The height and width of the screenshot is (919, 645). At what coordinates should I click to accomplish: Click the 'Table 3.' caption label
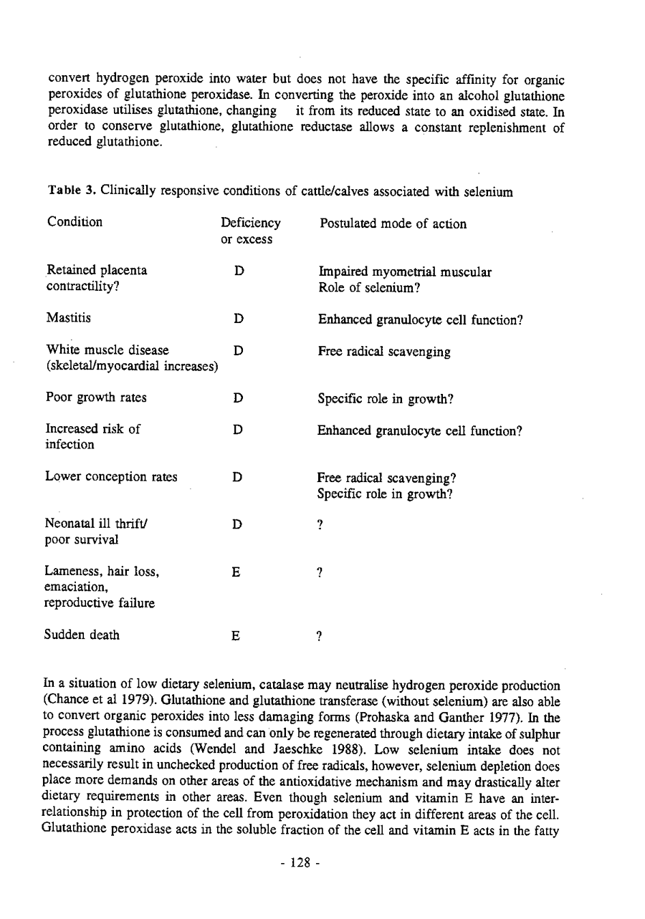[72, 192]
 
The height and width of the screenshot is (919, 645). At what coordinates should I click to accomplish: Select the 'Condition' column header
[75, 223]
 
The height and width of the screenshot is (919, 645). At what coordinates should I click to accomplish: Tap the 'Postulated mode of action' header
[392, 224]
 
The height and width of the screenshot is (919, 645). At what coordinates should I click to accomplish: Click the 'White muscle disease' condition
[107, 351]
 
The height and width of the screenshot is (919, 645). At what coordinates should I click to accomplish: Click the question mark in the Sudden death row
[320, 636]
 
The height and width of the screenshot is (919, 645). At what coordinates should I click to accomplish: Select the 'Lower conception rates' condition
[111, 476]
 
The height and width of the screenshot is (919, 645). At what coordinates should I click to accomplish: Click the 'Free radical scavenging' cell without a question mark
[384, 352]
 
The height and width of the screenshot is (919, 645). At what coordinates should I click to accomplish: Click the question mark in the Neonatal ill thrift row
[320, 524]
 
